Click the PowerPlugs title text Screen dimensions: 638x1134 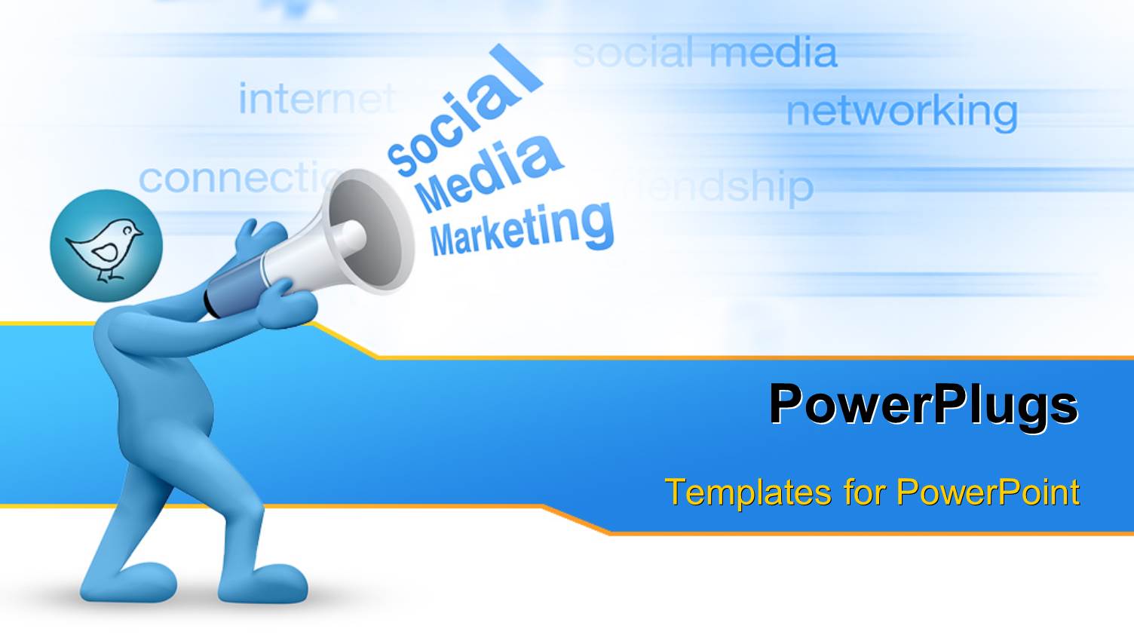click(923, 405)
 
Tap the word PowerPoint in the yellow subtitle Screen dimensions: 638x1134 click(988, 492)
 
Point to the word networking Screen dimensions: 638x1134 click(901, 112)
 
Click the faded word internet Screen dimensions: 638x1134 click(317, 99)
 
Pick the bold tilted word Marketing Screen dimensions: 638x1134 click(522, 229)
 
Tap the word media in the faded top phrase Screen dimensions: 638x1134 click(773, 53)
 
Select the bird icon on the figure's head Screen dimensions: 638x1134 click(106, 245)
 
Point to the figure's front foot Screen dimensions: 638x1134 click(264, 581)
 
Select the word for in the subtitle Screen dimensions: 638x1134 click(863, 492)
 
